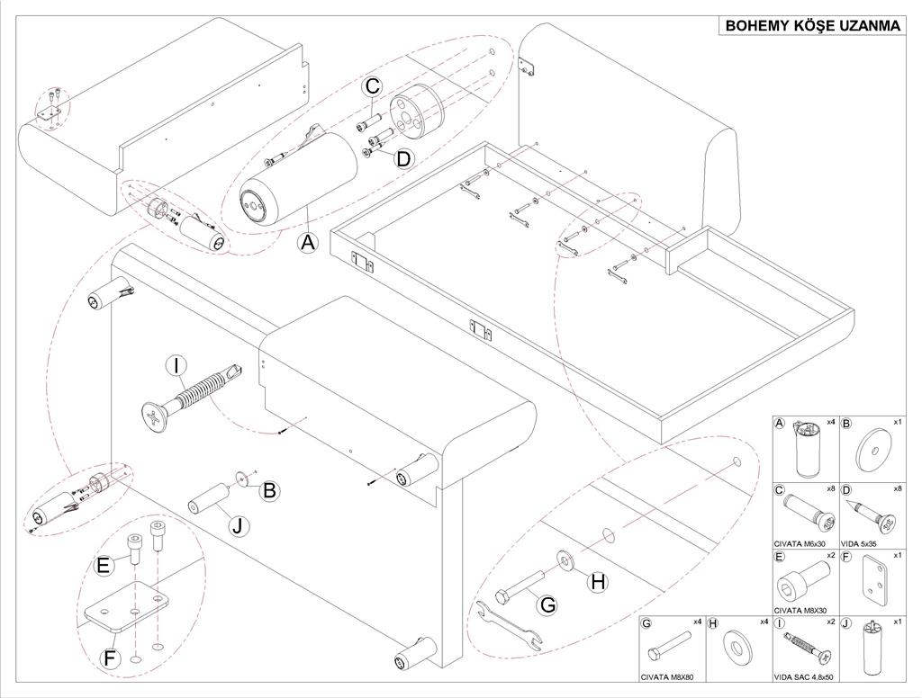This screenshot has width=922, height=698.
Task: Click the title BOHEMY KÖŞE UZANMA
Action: click(x=813, y=25)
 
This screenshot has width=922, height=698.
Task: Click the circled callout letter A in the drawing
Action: click(x=308, y=242)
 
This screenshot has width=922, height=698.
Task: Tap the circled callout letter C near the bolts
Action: click(x=373, y=87)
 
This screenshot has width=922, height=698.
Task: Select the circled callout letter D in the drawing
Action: click(x=403, y=158)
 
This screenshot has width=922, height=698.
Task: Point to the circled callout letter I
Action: click(x=176, y=366)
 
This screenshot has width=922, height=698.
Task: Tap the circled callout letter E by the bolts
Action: click(x=104, y=565)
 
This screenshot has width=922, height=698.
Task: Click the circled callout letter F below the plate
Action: click(x=110, y=659)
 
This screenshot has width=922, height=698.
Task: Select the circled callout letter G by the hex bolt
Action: click(x=547, y=605)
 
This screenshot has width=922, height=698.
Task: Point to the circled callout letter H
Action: click(x=597, y=582)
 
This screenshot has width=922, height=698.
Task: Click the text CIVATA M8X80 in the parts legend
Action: click(x=668, y=680)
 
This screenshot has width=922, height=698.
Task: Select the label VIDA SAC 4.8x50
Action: click(x=804, y=680)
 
